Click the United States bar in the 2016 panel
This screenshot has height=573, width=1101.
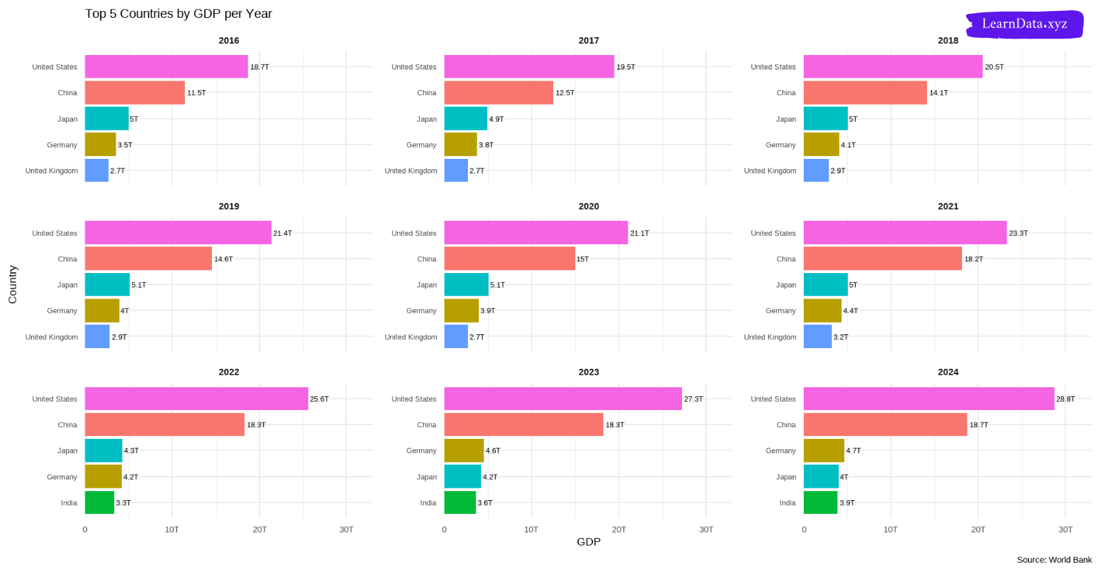[166, 67]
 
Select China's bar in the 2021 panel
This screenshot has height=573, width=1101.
[882, 259]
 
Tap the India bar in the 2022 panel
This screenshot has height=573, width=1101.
[99, 503]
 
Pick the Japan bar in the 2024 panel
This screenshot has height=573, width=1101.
[821, 477]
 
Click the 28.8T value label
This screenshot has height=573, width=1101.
[1065, 399]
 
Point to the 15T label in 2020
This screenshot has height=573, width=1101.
[583, 259]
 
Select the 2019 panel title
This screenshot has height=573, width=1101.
[229, 206]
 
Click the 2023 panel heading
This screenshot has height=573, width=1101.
[588, 372]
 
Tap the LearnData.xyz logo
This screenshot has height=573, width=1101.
[1025, 24]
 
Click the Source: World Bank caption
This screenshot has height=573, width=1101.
[1054, 560]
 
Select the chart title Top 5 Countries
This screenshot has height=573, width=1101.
[178, 14]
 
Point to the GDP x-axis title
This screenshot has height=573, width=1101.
[588, 542]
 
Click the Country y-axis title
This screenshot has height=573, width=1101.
[12, 285]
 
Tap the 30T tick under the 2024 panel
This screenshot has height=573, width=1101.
[1065, 530]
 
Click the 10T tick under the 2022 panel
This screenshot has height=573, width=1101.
[172, 530]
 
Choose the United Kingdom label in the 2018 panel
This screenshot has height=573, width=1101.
[770, 171]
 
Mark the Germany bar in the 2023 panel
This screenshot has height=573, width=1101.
[464, 451]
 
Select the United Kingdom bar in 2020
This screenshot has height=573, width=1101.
[456, 337]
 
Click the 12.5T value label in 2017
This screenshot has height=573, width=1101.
[565, 93]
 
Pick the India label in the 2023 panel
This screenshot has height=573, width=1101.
[428, 503]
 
